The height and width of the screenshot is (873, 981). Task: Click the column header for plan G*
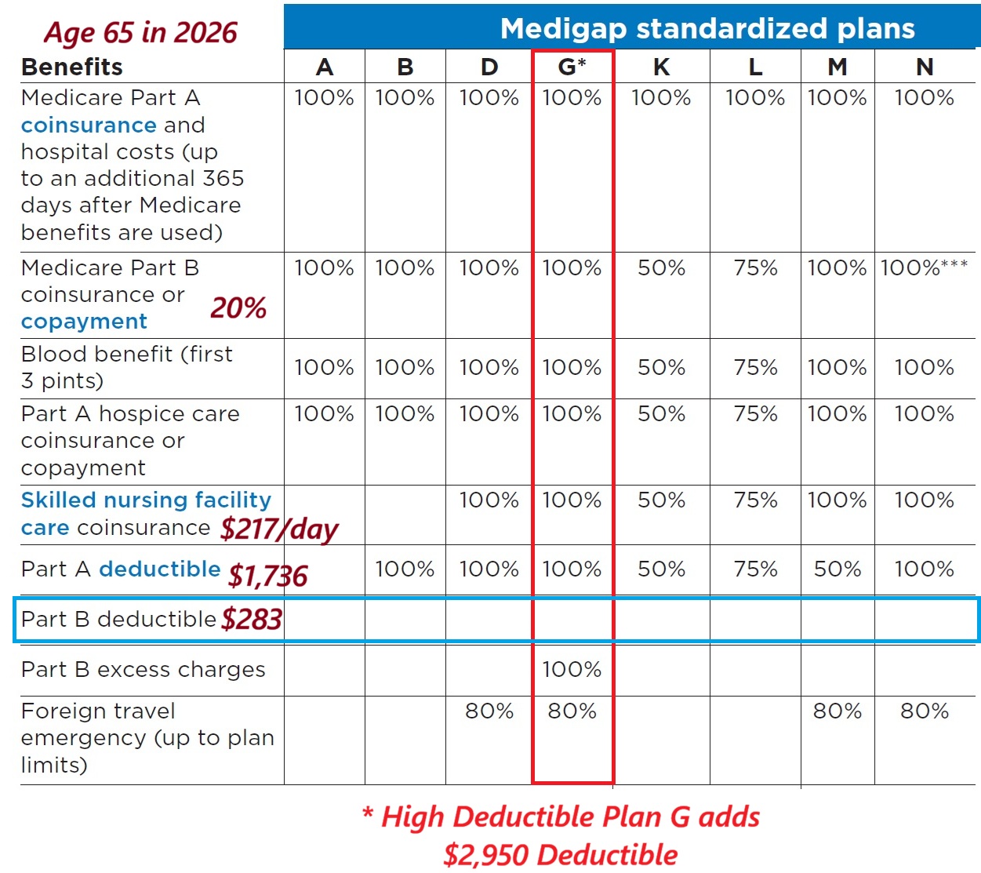point(572,67)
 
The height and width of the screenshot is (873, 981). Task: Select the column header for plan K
point(661,67)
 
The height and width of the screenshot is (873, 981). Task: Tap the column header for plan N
point(925,67)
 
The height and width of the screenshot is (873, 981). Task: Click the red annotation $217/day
point(279,529)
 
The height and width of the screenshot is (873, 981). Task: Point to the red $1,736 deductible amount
point(267,577)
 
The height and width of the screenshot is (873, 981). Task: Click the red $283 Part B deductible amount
point(251,620)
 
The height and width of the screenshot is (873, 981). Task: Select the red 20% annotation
point(238,307)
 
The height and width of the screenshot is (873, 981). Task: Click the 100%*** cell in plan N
point(924,268)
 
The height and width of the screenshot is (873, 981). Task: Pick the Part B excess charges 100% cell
point(572,669)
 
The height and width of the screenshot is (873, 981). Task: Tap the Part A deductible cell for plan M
point(837,569)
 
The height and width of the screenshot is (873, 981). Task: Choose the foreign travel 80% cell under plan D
point(489,711)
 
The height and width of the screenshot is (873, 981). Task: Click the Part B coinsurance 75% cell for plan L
point(754,268)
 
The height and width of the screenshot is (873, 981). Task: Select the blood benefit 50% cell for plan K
point(661,367)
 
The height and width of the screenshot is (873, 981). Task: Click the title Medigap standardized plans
point(707,28)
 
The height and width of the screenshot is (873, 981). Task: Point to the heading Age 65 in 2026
point(140,32)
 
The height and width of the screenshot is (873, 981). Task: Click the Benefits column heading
point(72,67)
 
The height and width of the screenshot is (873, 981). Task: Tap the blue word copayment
point(84,322)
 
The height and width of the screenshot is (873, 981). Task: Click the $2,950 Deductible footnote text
point(560,854)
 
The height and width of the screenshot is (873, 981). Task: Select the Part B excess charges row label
point(143,669)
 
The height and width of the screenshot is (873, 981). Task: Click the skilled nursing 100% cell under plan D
point(489,500)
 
